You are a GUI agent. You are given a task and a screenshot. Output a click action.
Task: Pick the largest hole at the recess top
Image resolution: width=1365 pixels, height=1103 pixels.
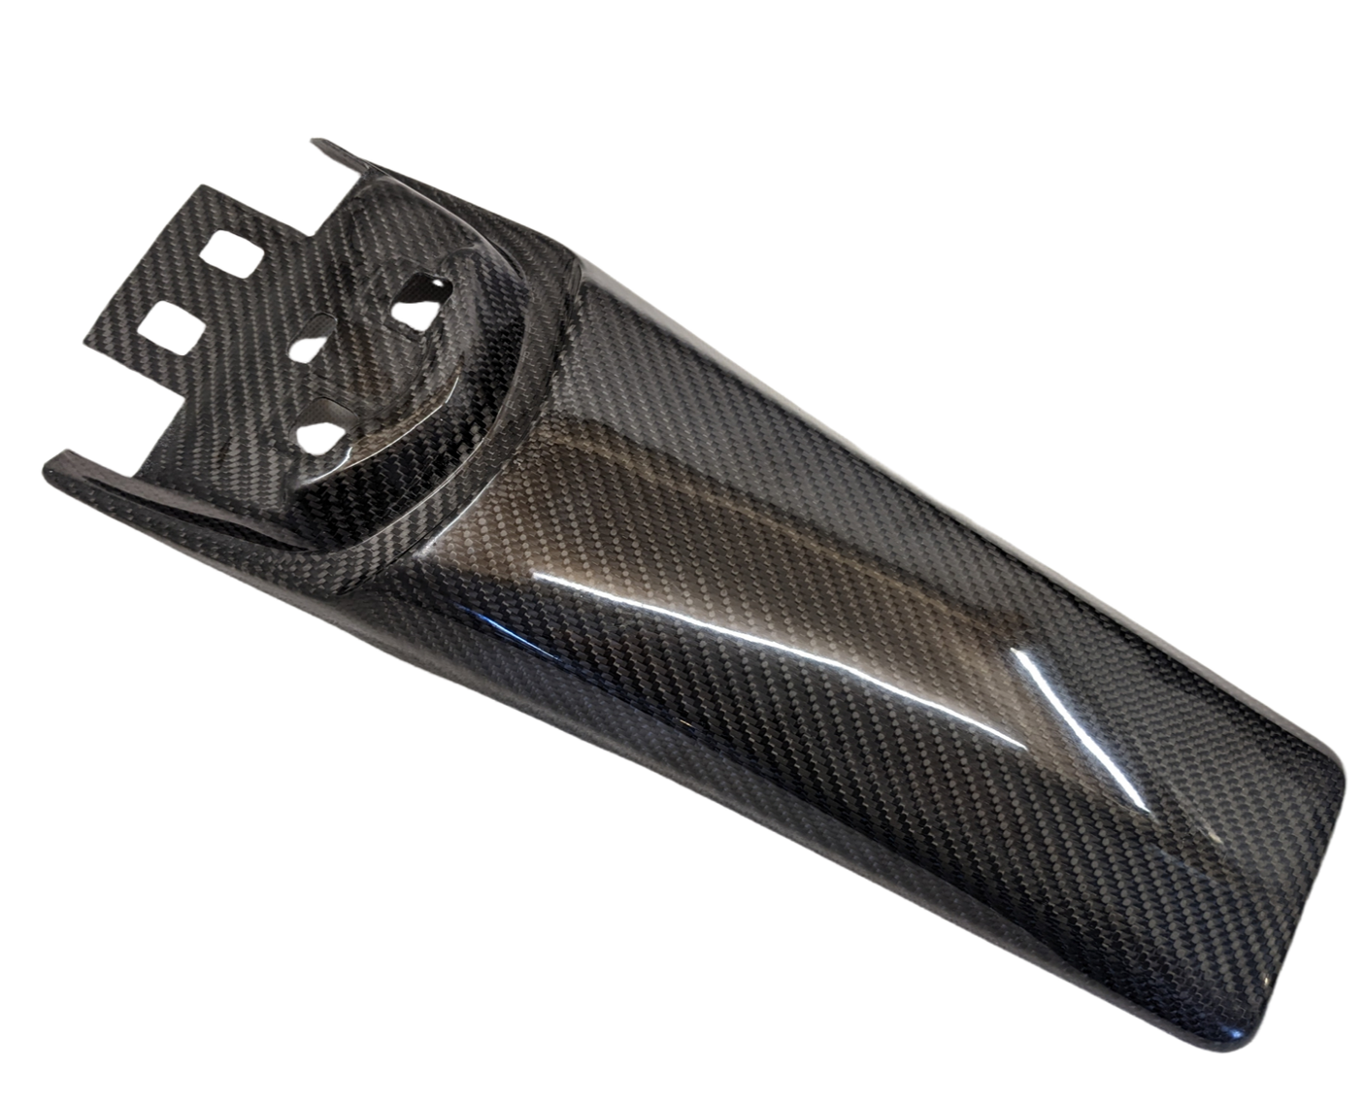point(415,298)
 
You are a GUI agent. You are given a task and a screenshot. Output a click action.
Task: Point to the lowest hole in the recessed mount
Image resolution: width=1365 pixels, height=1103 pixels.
point(322,430)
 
